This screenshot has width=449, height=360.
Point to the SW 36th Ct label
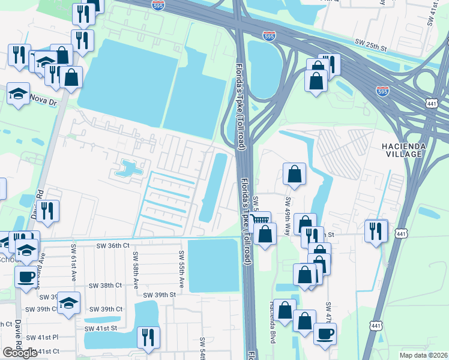pos(113,245)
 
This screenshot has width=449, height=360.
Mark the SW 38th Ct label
pos(105,285)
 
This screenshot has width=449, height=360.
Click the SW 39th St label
pos(159,295)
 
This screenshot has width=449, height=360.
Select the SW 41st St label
pos(100,328)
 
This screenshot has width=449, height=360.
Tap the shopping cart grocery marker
pos(260,220)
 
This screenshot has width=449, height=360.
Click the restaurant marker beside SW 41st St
pos(148,337)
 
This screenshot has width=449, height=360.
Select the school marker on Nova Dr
pos(19,94)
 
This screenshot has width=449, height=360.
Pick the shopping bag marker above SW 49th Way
pos(294,174)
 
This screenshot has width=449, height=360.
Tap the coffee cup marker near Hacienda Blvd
pos(325,334)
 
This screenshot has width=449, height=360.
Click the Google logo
pos(19,353)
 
